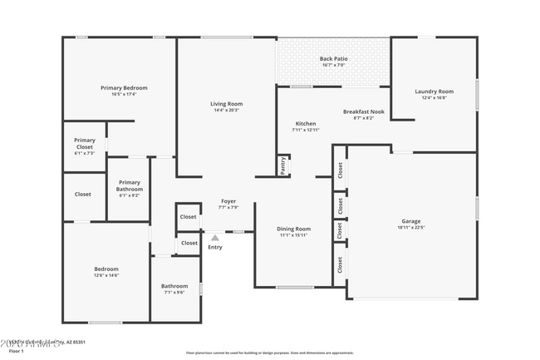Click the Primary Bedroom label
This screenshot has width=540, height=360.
coord(124,87)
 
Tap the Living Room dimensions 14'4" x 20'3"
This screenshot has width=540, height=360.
coord(226,110)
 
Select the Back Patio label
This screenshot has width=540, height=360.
coord(333,58)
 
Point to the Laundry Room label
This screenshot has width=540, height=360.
coord(434,91)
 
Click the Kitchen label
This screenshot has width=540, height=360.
coord(305,123)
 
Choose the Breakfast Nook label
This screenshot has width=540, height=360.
coord(363,111)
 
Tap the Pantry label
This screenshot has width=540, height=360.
coord(283,166)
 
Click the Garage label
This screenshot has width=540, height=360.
coord(411,221)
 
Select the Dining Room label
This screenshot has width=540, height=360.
coord(293,229)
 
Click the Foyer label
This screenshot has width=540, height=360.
coord(228,200)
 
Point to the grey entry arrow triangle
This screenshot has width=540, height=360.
coord(214,238)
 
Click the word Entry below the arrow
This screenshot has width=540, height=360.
coord(215,247)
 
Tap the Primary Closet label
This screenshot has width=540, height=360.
coord(85,144)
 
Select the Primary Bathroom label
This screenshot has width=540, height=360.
coord(130,185)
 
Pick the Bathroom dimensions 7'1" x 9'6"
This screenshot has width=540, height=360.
coord(174,293)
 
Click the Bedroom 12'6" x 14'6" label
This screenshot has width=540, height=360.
coord(106,269)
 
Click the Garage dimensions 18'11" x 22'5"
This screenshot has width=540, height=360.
coord(411,228)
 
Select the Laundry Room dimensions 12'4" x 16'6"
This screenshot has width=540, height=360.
coord(434,97)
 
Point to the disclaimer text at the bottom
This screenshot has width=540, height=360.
coord(269,353)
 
